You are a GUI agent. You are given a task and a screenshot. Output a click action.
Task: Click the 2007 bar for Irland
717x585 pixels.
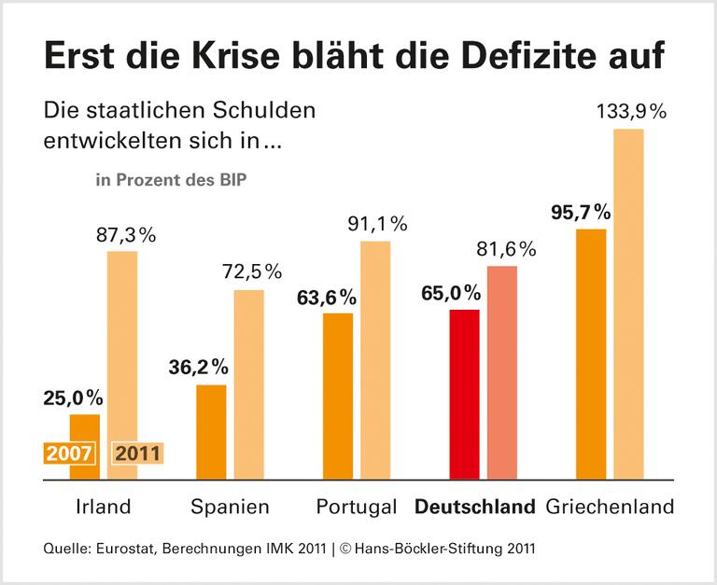pos(84,425)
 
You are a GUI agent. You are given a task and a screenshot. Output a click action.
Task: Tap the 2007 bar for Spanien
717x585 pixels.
pos(211,432)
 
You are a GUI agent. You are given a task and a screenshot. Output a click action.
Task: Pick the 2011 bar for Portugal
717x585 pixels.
pos(375,360)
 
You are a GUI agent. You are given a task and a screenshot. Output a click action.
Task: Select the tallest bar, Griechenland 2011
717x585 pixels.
pos(629,304)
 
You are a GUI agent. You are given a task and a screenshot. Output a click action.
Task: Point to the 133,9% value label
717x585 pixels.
pos(631,112)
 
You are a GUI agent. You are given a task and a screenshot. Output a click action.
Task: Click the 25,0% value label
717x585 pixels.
pos(73,398)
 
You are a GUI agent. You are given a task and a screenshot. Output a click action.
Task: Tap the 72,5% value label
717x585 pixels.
pos(251,272)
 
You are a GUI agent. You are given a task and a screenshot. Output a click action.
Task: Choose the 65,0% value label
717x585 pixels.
pos(453,293)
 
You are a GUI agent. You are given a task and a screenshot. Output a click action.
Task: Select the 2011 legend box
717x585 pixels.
pos(137,453)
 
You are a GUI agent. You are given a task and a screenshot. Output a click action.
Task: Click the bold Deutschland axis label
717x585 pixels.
pos(475,508)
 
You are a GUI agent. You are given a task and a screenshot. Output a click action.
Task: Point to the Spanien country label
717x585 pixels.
pos(230,508)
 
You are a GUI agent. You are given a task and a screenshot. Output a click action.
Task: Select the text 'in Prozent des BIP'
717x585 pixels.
pos(171,179)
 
